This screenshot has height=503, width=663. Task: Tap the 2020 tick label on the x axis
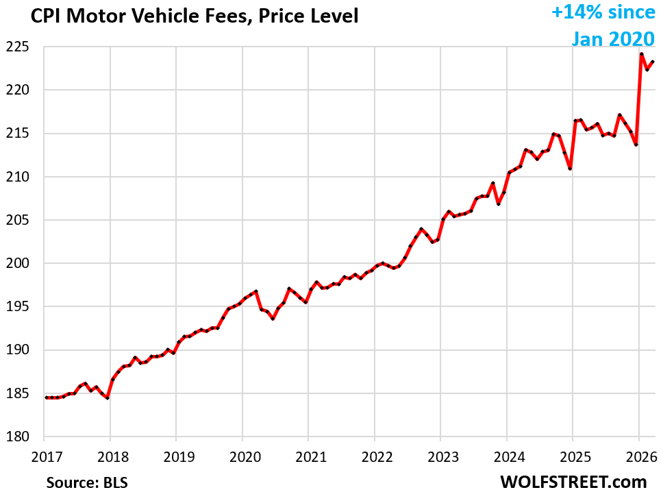242,455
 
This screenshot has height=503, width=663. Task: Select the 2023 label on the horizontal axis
440,455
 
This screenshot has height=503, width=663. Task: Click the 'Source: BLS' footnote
86,482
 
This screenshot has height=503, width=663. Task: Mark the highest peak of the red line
642,54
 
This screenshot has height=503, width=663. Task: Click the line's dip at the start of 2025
570,168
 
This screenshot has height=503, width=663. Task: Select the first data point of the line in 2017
46,397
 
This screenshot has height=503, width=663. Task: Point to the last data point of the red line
653,62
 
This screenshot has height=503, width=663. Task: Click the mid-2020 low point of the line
273,319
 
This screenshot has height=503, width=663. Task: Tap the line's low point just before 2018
108,397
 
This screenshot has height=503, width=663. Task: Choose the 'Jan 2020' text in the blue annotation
613,38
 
